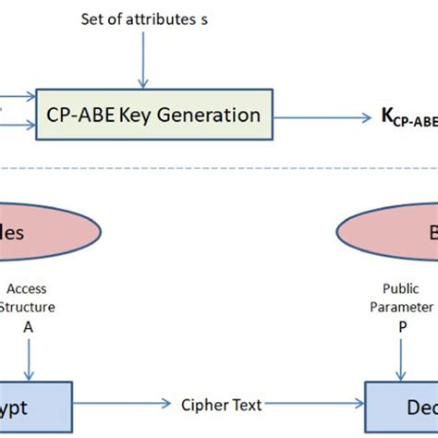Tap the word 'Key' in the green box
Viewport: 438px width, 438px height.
pos(152,116)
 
